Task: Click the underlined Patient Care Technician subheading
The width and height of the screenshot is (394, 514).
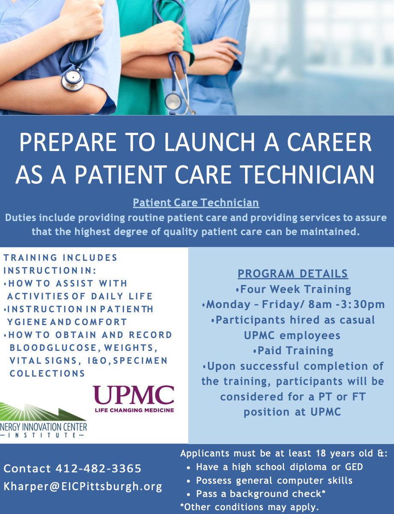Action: [x=196, y=202]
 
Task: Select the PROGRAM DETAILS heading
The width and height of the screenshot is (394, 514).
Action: [x=293, y=273]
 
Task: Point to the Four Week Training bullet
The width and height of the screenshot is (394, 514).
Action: [x=293, y=289]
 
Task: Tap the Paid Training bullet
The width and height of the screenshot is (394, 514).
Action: [x=293, y=350]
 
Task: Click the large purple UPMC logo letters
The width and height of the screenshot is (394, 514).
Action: [x=133, y=396]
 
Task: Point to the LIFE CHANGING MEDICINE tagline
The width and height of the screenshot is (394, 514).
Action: [x=133, y=410]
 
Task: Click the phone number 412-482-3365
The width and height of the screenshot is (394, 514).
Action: [x=98, y=469]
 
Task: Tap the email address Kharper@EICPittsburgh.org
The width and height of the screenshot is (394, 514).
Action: [x=83, y=487]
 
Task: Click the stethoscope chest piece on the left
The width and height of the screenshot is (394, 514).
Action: [x=72, y=80]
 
